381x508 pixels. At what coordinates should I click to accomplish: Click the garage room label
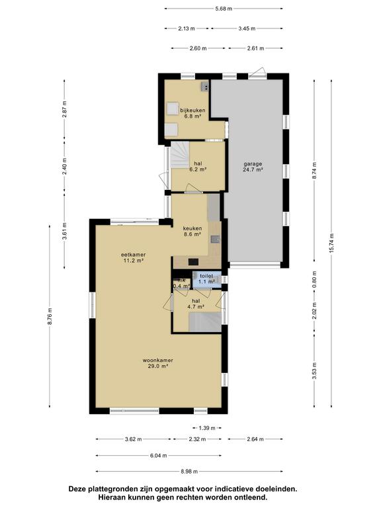pyautogui.click(x=253, y=167)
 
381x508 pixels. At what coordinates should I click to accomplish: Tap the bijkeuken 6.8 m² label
pyautogui.click(x=192, y=113)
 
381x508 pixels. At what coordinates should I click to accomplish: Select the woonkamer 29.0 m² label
pyautogui.click(x=158, y=363)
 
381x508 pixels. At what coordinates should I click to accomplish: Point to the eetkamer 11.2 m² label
pyautogui.click(x=134, y=257)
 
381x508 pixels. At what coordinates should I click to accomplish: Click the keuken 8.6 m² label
pyautogui.click(x=192, y=231)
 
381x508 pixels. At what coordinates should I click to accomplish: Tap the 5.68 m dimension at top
pyautogui.click(x=224, y=9)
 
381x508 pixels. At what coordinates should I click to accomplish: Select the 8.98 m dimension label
pyautogui.click(x=189, y=472)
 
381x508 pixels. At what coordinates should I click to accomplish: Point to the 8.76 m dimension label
pyautogui.click(x=50, y=316)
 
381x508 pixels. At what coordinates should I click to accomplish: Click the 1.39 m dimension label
pyautogui.click(x=207, y=428)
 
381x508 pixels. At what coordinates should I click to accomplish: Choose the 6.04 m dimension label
pyautogui.click(x=159, y=456)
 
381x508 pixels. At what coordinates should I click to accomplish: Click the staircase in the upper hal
pyautogui.click(x=179, y=155)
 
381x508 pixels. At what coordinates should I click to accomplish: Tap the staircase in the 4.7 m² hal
pyautogui.click(x=205, y=322)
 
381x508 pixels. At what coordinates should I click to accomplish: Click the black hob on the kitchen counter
pyautogui.click(x=193, y=262)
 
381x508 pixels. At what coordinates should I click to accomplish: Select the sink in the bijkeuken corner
pyautogui.click(x=205, y=86)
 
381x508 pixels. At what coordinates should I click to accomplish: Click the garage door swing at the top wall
pyautogui.click(x=259, y=72)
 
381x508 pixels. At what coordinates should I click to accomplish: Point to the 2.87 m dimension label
pyautogui.click(x=64, y=109)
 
